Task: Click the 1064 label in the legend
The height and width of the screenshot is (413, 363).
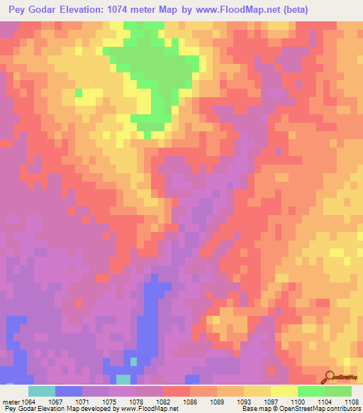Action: pyautogui.click(x=28, y=401)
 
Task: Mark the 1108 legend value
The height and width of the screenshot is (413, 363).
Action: pyautogui.click(x=352, y=401)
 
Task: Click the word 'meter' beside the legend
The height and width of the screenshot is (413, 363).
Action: pyautogui.click(x=10, y=401)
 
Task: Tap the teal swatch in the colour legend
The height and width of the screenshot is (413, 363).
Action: pyautogui.click(x=42, y=391)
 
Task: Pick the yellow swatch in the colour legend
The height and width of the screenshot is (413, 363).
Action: pyautogui.click(x=284, y=391)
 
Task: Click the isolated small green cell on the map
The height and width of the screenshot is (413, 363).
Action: pyautogui.click(x=78, y=92)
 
